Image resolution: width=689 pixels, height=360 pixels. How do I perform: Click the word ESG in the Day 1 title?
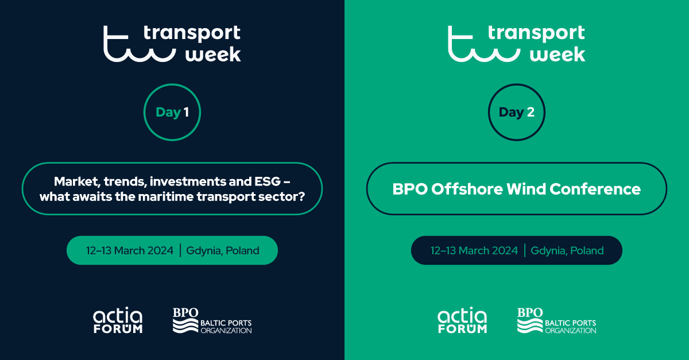click(268, 181)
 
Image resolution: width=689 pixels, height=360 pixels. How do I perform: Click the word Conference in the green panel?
click(595, 189)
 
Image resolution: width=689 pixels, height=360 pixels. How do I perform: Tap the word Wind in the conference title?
click(526, 189)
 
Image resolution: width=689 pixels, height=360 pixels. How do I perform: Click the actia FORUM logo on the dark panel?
click(118, 320)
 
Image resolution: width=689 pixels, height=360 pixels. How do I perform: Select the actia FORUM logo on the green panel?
click(462, 320)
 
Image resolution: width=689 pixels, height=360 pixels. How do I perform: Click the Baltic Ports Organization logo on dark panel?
click(212, 321)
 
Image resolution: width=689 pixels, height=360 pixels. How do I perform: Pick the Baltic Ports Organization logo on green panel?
click(556, 321)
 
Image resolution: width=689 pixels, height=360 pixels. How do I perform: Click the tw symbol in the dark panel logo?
click(140, 44)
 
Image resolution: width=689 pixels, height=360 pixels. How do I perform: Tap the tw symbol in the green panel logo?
click(484, 44)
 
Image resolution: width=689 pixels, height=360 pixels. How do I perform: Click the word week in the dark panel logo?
click(213, 55)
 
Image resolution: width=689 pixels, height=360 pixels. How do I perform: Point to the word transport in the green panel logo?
click(536, 33)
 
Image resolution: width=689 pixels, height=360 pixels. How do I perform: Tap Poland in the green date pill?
click(242, 250)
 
